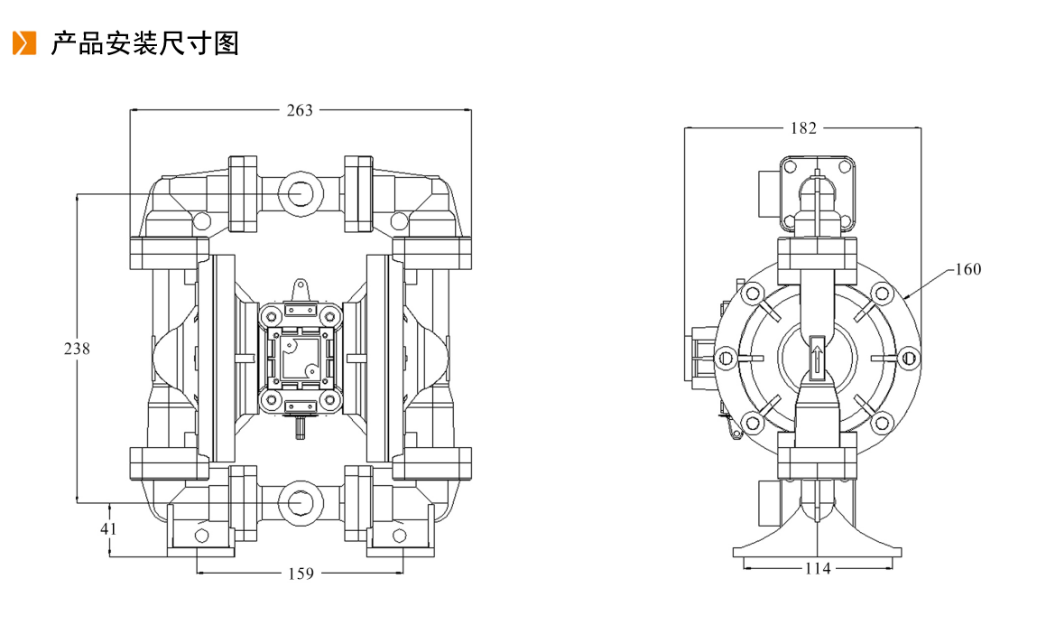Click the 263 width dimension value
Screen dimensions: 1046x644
(x=300, y=110)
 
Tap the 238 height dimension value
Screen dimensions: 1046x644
(x=77, y=349)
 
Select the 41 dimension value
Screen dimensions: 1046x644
(x=108, y=528)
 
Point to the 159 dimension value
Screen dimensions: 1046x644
(x=301, y=574)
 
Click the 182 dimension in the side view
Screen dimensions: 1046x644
(x=803, y=128)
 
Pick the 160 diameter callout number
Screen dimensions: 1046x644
(x=968, y=269)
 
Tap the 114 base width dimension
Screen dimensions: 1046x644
(x=818, y=569)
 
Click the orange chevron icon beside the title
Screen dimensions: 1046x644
(x=24, y=42)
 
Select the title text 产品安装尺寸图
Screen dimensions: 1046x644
(x=144, y=43)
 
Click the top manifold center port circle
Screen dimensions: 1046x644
(x=301, y=193)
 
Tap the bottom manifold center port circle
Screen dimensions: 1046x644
(x=301, y=502)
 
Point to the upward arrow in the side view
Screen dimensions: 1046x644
(x=817, y=357)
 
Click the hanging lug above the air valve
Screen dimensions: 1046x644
(x=301, y=290)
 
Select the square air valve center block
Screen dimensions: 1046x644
(x=301, y=358)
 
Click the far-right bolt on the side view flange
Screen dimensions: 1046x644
(x=908, y=359)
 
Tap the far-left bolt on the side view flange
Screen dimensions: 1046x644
(x=725, y=359)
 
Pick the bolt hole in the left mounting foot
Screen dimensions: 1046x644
(x=200, y=536)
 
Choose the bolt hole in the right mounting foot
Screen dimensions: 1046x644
(x=399, y=536)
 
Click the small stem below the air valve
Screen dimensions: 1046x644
(x=301, y=426)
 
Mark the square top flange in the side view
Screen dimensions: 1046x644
(x=817, y=193)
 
